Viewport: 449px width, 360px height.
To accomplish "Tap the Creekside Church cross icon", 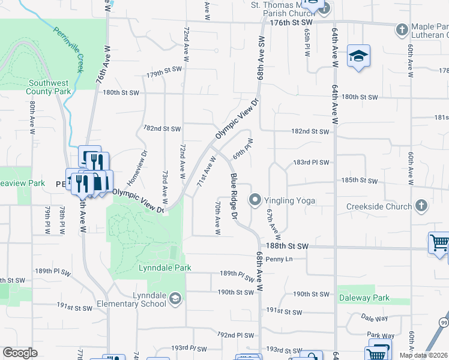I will click(421, 206).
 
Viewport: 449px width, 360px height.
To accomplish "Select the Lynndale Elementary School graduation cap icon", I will click(175, 298).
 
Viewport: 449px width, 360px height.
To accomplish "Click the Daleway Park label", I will click(364, 298).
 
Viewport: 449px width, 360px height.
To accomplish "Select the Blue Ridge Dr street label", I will click(234, 196).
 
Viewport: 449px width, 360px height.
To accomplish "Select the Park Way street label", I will click(381, 335).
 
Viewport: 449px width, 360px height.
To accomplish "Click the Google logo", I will click(20, 352).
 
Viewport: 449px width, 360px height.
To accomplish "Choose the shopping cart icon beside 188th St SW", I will click(439, 243).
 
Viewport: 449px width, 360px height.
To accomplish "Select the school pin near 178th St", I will click(358, 56).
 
